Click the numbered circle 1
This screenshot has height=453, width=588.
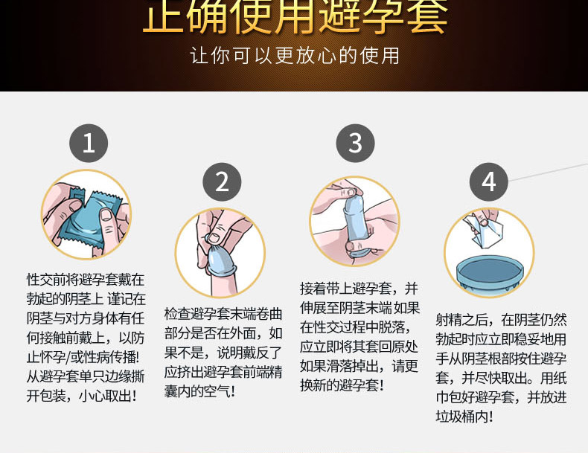(89, 143)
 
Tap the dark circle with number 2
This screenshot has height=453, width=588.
(223, 181)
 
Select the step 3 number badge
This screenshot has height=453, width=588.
(355, 143)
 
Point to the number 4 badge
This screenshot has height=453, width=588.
(488, 181)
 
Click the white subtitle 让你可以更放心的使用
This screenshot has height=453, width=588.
(295, 56)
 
